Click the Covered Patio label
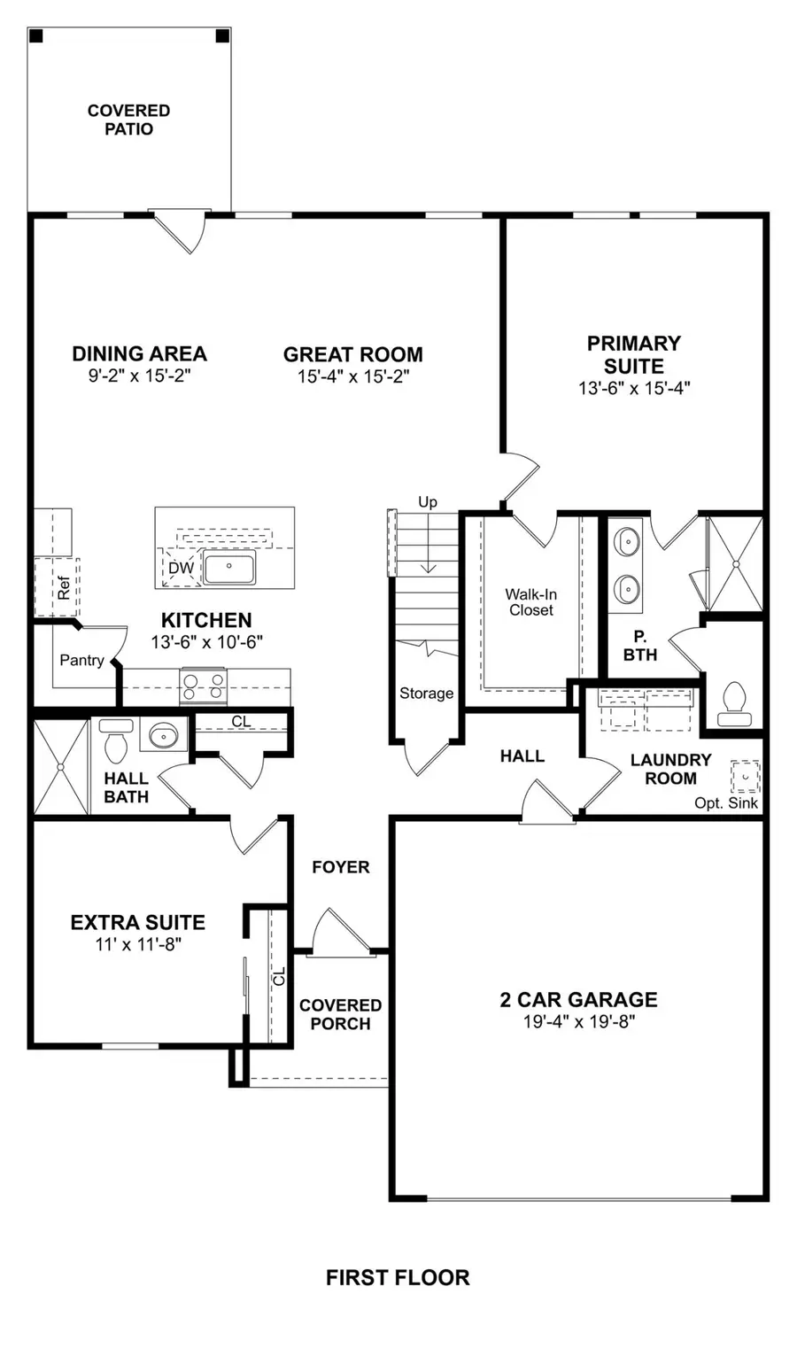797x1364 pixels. [128, 120]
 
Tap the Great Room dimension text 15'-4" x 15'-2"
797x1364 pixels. [352, 376]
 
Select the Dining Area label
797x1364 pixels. [139, 353]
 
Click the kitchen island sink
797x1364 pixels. [229, 567]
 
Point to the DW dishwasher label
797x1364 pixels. [181, 569]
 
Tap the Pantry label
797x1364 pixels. [81, 660]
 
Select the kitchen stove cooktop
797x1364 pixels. [204, 686]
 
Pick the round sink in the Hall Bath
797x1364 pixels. [162, 734]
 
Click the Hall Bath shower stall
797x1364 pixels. [60, 766]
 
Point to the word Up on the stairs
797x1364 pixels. [428, 502]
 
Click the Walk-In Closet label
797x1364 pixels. [530, 602]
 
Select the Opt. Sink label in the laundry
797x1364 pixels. [726, 803]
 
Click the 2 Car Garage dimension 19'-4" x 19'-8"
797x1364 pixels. [578, 1021]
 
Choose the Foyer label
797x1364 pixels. [340, 867]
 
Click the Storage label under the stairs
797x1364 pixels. [426, 694]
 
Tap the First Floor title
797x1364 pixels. [398, 1277]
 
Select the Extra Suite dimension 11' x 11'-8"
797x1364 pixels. [138, 944]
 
